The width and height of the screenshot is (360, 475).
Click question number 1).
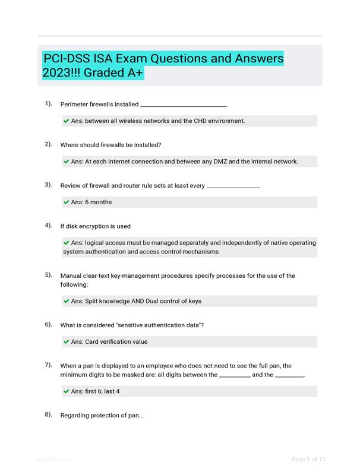tap(48, 104)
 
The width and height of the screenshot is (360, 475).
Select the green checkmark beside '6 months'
tap(67, 202)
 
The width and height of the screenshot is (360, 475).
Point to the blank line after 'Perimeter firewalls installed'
tap(183, 105)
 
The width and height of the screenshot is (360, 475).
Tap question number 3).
tap(48, 185)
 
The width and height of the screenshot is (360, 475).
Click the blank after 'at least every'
tap(232, 186)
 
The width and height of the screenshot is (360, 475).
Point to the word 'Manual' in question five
tap(72, 276)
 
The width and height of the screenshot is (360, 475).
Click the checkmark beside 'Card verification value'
tap(67, 342)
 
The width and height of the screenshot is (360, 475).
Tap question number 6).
tap(48, 325)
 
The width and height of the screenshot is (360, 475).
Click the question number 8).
tap(48, 415)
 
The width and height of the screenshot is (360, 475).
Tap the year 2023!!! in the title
tap(61, 73)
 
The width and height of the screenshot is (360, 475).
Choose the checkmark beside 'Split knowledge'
tap(67, 301)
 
